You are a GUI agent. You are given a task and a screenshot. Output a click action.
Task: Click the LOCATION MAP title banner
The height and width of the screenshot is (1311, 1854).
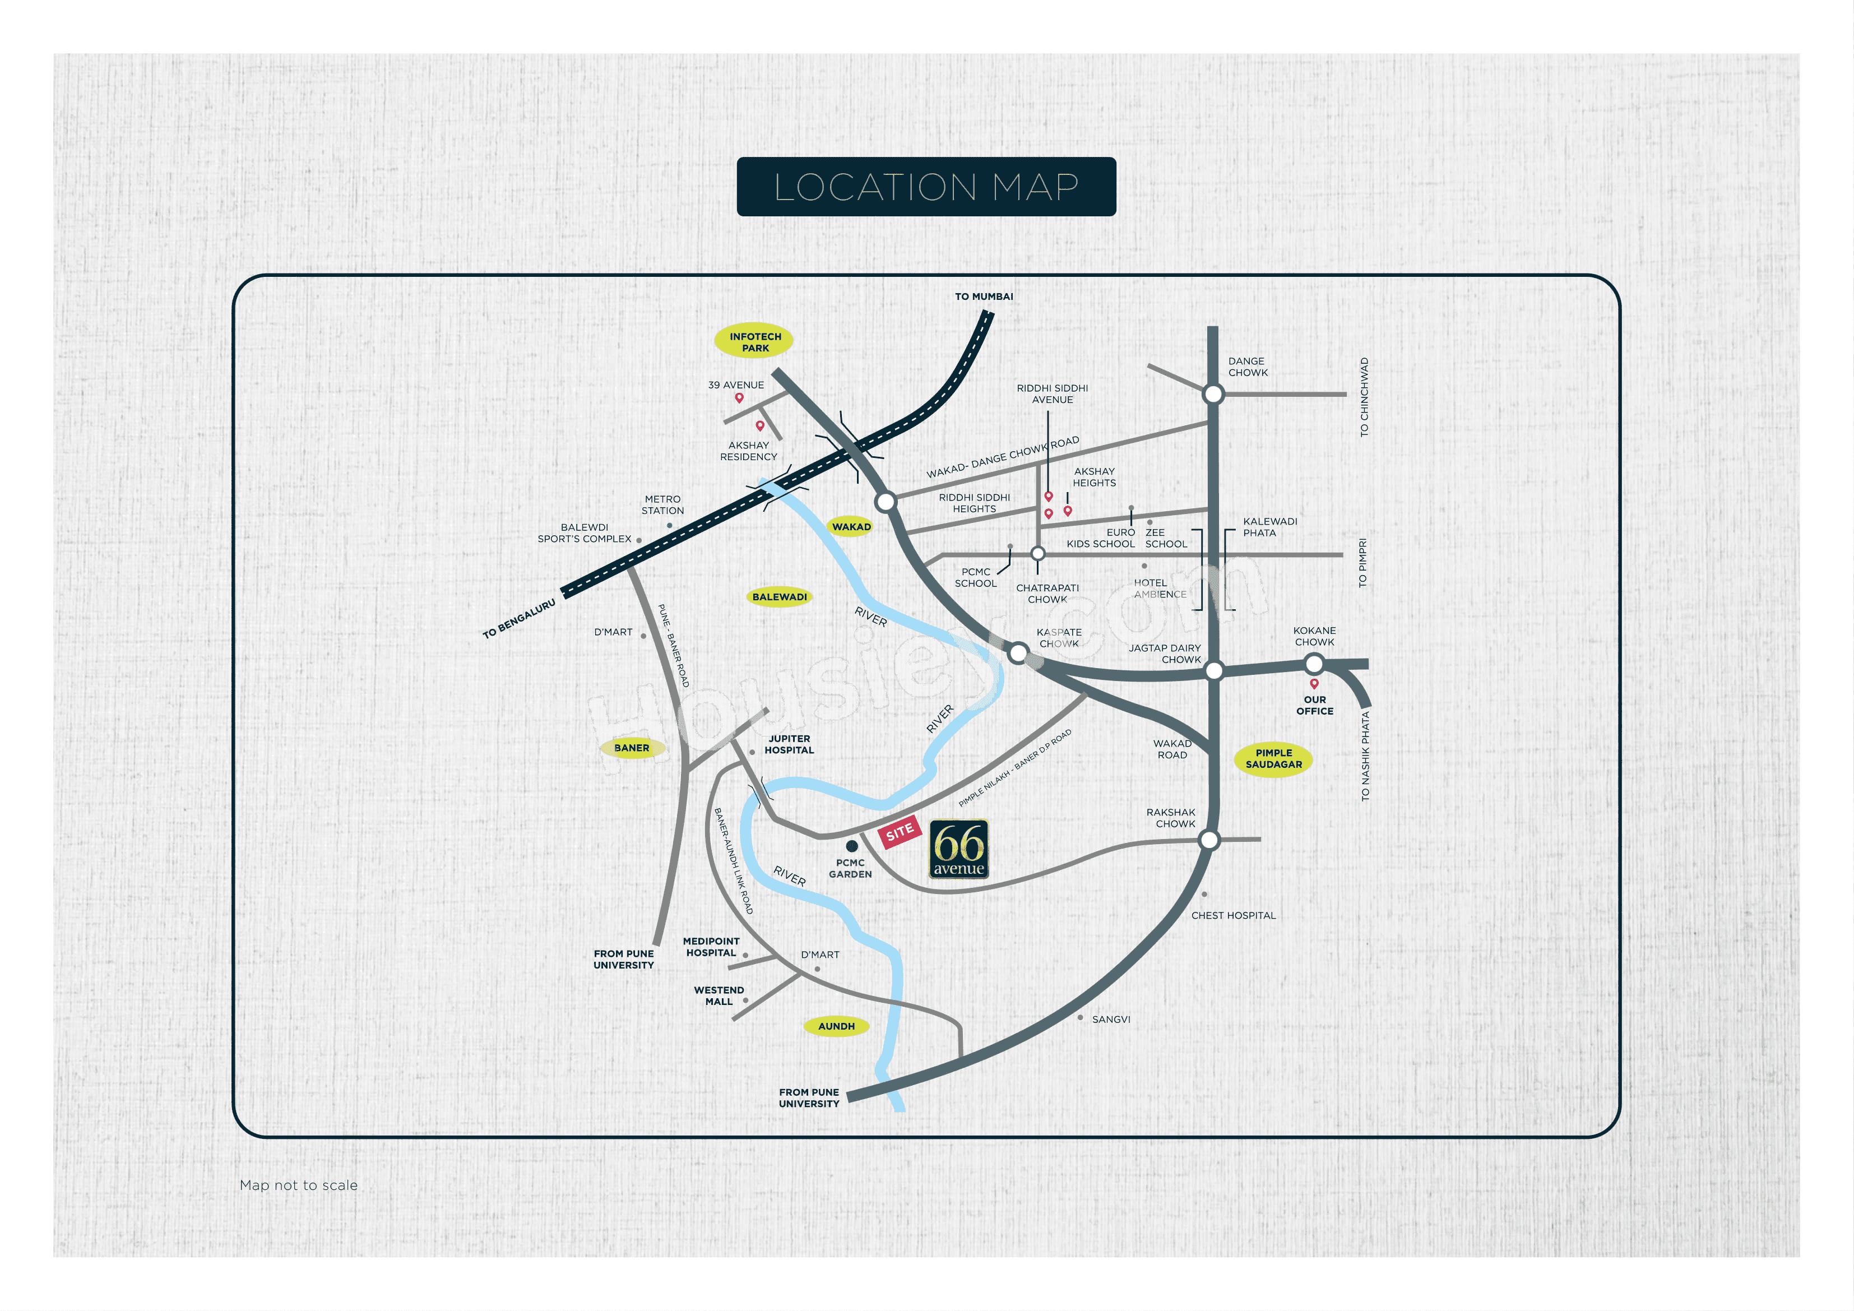(926, 187)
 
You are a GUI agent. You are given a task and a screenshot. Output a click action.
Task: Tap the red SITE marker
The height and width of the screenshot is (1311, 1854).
(900, 832)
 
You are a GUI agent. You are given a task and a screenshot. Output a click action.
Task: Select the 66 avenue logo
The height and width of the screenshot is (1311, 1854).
(960, 849)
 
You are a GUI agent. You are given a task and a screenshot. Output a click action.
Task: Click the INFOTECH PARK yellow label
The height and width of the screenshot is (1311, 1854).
(754, 342)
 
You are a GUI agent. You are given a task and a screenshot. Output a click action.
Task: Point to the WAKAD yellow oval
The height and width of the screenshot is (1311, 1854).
(851, 527)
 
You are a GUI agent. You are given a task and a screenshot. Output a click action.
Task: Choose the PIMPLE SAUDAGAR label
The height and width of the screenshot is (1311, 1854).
(1273, 758)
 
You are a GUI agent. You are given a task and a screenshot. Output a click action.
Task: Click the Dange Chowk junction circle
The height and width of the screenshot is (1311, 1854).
(1213, 394)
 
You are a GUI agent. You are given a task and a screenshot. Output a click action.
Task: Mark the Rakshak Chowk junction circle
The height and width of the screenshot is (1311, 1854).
(1209, 840)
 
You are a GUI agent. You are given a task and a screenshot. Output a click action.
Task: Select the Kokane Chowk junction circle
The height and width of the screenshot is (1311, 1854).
(1314, 664)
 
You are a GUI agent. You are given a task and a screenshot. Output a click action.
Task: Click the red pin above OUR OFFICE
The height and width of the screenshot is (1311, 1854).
(1314, 683)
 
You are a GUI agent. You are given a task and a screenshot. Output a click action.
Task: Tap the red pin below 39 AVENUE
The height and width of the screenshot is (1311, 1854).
(739, 397)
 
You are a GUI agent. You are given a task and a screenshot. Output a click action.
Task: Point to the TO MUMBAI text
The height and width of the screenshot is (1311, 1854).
(984, 297)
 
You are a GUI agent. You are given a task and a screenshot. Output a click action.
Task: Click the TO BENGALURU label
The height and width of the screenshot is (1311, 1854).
(519, 619)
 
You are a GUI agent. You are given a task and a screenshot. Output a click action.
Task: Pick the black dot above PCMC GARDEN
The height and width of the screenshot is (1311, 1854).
(851, 846)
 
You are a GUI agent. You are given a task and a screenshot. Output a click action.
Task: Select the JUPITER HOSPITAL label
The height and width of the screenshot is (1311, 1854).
(789, 744)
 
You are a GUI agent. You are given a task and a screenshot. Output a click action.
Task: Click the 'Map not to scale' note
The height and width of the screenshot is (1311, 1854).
(298, 1185)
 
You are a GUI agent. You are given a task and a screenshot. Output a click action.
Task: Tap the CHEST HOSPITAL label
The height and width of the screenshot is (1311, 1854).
(1233, 915)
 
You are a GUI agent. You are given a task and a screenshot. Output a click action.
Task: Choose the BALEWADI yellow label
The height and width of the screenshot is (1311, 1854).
(779, 597)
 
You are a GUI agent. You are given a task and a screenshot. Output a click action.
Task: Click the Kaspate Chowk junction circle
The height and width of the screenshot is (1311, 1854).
(1018, 652)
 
